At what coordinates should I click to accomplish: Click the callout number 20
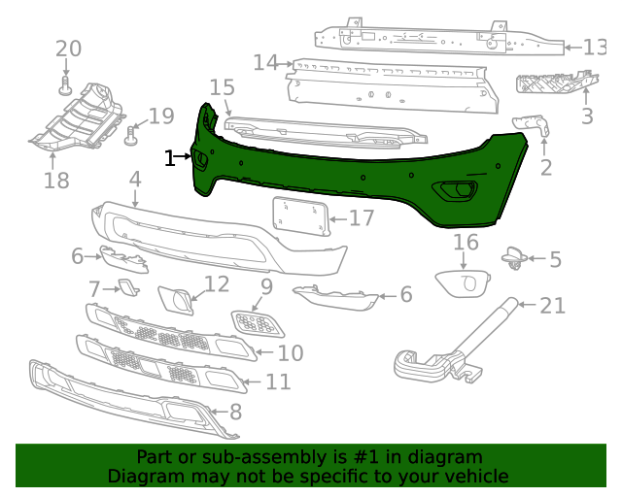[68, 49]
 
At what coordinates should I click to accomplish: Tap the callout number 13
[593, 48]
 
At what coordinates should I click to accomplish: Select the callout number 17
[362, 218]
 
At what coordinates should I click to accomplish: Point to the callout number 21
[552, 307]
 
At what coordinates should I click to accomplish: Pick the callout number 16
[466, 242]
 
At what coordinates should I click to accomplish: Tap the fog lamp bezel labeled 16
[463, 283]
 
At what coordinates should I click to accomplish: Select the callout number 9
[265, 287]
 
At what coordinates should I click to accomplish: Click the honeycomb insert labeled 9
[258, 322]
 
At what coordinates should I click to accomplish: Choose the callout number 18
[56, 180]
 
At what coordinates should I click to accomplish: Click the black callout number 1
[170, 157]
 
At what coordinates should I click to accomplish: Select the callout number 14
[265, 63]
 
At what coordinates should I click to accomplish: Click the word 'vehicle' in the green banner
[476, 476]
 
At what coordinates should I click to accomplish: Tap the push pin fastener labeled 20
[66, 87]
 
